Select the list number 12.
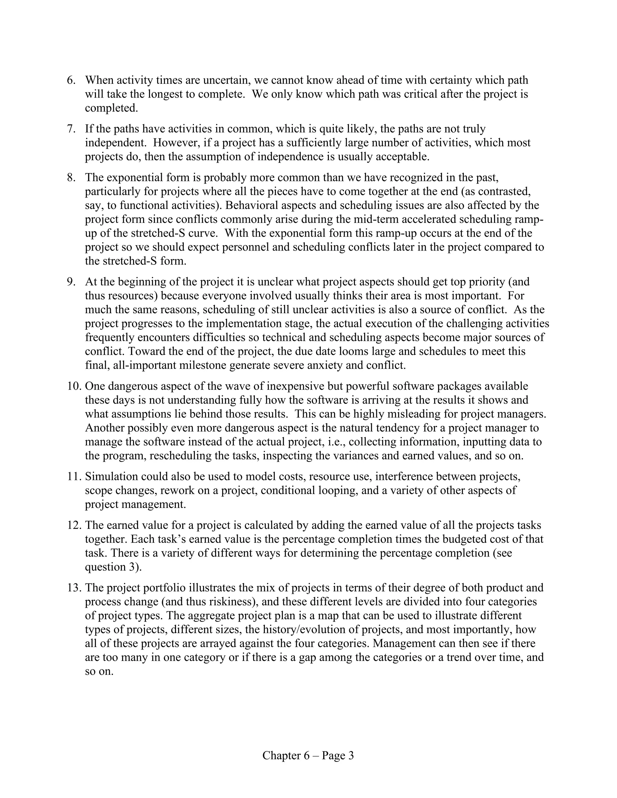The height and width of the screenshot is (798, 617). [74, 525]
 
